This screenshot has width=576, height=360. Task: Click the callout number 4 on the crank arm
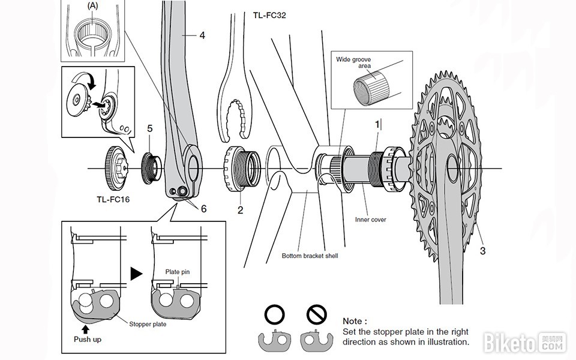point(202,36)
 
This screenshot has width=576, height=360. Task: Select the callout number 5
point(150,128)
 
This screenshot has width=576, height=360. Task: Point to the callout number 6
point(203,209)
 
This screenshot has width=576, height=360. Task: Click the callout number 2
point(240,210)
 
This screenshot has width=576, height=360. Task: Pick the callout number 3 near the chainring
point(482,251)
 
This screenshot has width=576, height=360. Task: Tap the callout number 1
point(377,125)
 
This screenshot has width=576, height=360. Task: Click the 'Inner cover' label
point(370,220)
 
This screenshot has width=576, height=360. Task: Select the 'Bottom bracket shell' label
point(310,256)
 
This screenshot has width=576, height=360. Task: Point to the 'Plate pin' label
point(177,272)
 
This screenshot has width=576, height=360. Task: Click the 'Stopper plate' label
point(148,325)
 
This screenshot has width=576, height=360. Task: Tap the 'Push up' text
point(88,339)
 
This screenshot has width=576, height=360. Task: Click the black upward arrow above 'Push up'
point(86,328)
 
